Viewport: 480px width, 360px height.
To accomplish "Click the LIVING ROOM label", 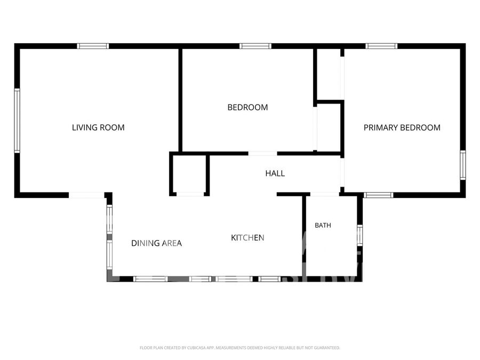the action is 98,127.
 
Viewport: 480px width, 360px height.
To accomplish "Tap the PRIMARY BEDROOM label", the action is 402,127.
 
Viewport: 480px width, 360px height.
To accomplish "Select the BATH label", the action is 323,225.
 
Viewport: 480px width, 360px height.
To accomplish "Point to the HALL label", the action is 275,173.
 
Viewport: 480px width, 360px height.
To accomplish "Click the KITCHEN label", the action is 247,237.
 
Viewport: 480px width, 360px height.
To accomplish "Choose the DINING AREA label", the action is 156,243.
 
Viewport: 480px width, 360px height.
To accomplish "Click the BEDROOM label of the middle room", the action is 247,107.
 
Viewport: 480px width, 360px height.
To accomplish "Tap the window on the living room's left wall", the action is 17,121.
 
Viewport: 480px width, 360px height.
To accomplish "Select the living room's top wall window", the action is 93,46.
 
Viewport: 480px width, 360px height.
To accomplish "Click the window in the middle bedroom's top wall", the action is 255,46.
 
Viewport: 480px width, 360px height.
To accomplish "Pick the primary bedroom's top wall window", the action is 381,46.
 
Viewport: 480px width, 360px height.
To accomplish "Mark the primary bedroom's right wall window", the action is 463,165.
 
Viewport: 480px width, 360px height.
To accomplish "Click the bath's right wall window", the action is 359,235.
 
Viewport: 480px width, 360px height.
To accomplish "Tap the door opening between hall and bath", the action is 325,194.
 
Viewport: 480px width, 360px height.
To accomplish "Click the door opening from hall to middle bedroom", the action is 262,154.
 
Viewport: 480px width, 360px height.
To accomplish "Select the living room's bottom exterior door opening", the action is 86,195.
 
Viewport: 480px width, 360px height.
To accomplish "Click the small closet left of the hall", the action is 190,174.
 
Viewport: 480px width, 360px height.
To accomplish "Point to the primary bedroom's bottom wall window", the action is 378,195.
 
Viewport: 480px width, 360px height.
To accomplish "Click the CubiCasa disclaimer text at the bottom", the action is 239,348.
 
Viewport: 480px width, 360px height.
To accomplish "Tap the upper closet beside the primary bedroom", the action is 329,74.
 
